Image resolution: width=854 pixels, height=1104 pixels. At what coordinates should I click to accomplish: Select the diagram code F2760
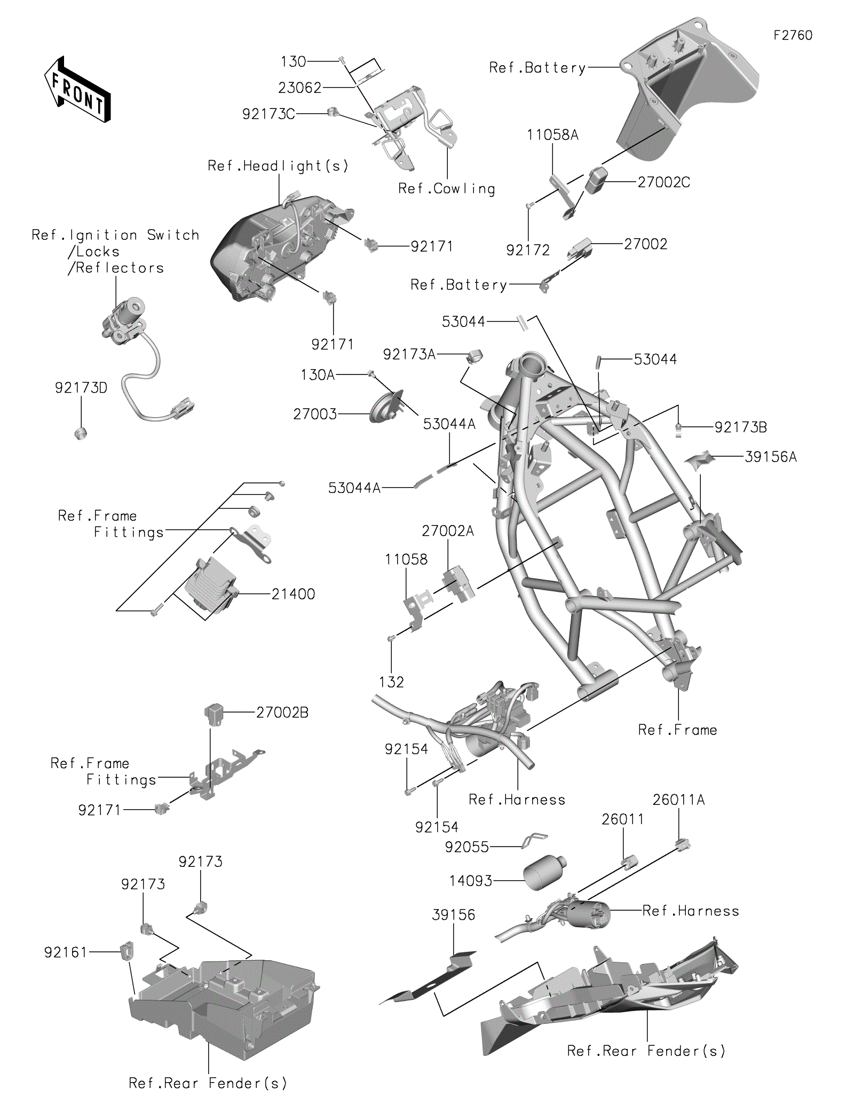pyautogui.click(x=793, y=35)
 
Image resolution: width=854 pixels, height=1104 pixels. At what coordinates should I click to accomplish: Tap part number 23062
pyautogui.click(x=299, y=88)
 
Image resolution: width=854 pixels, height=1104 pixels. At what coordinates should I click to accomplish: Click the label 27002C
pyautogui.click(x=663, y=182)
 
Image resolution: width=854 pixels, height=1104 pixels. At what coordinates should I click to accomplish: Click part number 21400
pyautogui.click(x=293, y=594)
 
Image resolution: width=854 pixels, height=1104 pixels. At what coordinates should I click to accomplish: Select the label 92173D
pyautogui.click(x=81, y=388)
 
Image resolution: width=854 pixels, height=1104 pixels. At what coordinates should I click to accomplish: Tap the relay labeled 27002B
pyautogui.click(x=213, y=714)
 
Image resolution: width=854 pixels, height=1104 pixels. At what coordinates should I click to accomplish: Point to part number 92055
pyautogui.click(x=466, y=847)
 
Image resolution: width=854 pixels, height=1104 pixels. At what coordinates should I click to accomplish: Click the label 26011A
pyautogui.click(x=678, y=800)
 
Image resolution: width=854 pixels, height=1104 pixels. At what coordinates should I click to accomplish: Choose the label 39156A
pyautogui.click(x=770, y=457)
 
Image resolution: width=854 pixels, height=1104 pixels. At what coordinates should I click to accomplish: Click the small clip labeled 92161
pyautogui.click(x=127, y=951)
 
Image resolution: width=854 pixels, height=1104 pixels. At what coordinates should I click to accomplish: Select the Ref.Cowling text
pyautogui.click(x=447, y=189)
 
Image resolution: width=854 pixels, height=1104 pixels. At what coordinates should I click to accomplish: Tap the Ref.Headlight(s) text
pyautogui.click(x=278, y=166)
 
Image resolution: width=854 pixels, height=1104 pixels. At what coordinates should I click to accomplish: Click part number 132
pyautogui.click(x=391, y=682)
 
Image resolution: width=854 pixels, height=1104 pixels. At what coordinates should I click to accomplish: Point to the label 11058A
pyautogui.click(x=552, y=135)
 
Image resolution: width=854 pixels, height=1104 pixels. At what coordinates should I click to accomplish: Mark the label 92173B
pyautogui.click(x=740, y=427)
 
